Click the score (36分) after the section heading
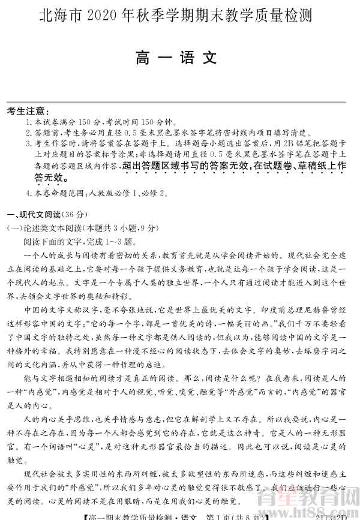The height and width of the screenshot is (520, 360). (74, 215)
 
